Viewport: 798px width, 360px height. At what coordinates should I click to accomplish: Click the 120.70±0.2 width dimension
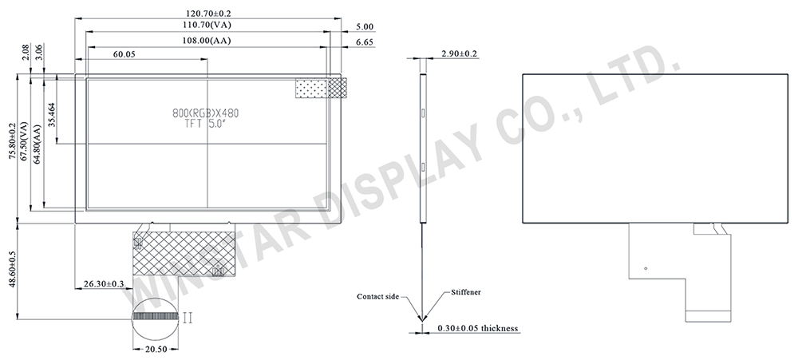pyautogui.click(x=207, y=14)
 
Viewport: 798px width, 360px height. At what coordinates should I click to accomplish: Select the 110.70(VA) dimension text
pyautogui.click(x=207, y=26)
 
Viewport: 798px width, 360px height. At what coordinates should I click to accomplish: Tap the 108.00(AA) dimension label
pyautogui.click(x=207, y=40)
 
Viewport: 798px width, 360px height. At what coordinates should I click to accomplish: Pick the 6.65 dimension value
pyautogui.click(x=365, y=41)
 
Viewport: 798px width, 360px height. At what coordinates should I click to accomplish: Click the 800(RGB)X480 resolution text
pyautogui.click(x=206, y=113)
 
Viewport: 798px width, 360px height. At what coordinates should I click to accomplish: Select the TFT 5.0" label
pyautogui.click(x=206, y=125)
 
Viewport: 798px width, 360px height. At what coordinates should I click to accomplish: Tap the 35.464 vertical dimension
pyautogui.click(x=52, y=116)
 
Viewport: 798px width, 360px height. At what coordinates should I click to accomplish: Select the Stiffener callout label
pyautogui.click(x=465, y=292)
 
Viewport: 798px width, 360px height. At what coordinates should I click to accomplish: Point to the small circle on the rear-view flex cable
pyautogui.click(x=645, y=268)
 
